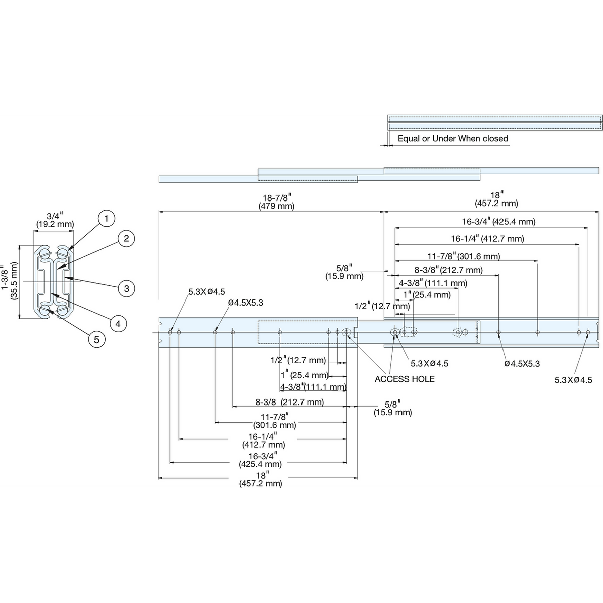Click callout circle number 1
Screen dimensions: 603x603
click(106, 218)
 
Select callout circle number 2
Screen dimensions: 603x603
click(126, 239)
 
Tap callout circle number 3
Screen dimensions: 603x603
click(127, 288)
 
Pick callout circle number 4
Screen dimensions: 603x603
click(118, 323)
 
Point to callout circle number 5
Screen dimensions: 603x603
click(96, 339)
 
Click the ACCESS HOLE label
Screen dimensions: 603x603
click(405, 379)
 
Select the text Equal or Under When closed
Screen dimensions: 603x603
click(453, 138)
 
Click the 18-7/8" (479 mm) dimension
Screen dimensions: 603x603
click(276, 202)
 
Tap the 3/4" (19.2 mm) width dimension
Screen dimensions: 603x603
click(55, 220)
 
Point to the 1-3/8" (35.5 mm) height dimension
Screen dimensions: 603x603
click(10, 281)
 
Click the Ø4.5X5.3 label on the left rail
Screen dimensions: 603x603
click(246, 303)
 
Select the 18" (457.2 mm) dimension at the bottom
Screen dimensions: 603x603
click(261, 479)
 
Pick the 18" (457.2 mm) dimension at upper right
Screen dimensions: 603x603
click(496, 199)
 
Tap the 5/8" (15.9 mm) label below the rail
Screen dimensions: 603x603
click(393, 408)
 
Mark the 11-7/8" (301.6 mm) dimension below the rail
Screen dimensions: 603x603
click(275, 421)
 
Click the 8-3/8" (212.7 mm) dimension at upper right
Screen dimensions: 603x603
click(448, 270)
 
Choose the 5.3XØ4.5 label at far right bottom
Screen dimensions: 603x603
click(573, 380)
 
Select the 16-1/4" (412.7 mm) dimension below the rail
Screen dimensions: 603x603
click(263, 441)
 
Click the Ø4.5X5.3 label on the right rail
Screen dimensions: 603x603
click(522, 364)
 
